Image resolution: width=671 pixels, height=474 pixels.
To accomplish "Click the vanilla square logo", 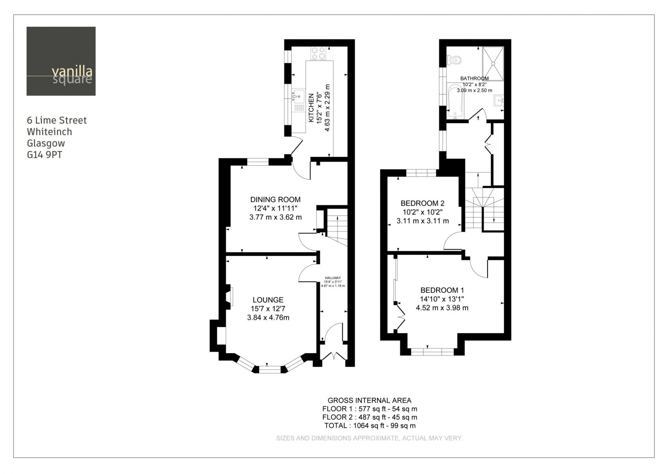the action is click(x=61, y=61).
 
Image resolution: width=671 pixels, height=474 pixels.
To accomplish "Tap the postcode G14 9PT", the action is click(x=45, y=155).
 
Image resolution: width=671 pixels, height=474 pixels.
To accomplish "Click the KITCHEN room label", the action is click(x=311, y=108).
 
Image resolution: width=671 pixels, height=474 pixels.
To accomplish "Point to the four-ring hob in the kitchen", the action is click(x=318, y=53).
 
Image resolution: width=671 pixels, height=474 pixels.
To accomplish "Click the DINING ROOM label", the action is click(x=275, y=199).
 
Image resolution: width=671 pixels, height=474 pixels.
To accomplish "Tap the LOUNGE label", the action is click(x=268, y=300).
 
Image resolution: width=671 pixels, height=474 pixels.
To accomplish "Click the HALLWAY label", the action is click(x=333, y=278).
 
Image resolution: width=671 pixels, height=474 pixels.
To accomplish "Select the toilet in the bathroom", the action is click(x=454, y=60).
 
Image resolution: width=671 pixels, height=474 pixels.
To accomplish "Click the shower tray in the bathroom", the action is click(x=493, y=63).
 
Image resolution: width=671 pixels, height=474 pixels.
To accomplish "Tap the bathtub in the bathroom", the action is click(x=455, y=101).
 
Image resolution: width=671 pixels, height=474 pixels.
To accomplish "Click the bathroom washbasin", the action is click(x=499, y=101).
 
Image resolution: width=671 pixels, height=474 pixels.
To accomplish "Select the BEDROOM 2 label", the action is click(x=423, y=203).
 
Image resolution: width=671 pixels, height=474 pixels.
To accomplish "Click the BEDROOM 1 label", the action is click(x=442, y=290).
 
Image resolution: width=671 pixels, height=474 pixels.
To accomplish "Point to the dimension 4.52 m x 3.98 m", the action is click(x=442, y=308).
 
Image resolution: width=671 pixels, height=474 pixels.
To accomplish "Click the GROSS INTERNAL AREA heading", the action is click(x=369, y=401).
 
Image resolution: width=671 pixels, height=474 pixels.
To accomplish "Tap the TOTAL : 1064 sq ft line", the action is click(x=370, y=425).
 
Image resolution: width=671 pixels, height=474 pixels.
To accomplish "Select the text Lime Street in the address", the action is click(x=61, y=120).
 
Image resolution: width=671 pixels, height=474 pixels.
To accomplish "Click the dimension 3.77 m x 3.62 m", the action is click(x=276, y=217).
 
